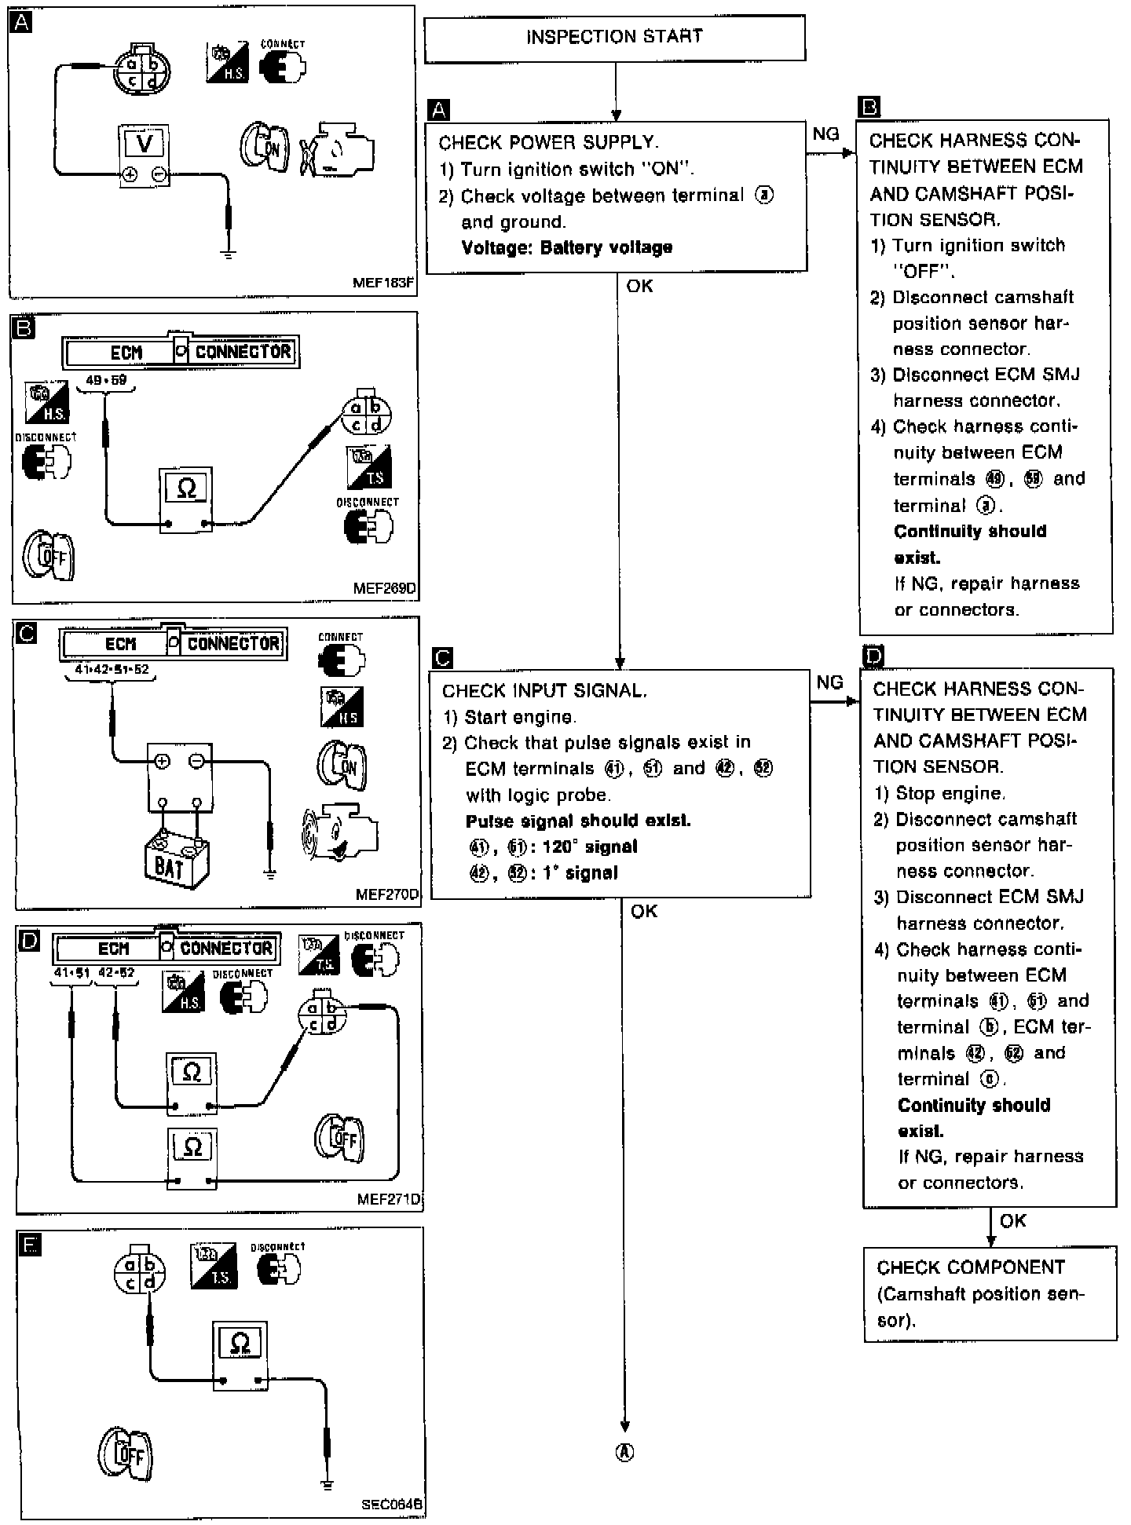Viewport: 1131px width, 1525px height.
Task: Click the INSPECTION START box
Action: coord(614,38)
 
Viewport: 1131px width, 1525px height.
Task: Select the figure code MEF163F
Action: coord(382,283)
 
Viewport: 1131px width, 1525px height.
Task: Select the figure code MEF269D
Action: coord(385,588)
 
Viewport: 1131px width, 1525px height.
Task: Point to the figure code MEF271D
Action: coord(388,1199)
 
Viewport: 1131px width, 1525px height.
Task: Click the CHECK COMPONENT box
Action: coord(990,1293)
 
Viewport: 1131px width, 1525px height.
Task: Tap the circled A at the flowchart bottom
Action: coord(624,1453)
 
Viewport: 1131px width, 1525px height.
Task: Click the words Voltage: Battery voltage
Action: coord(566,248)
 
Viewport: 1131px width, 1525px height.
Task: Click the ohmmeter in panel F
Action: coord(240,1354)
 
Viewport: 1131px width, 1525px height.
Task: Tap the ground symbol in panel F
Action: coord(328,1484)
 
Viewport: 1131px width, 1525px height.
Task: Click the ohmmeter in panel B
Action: coord(186,499)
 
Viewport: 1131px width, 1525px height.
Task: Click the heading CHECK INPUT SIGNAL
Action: coord(544,691)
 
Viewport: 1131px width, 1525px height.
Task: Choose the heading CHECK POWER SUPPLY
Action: coord(547,143)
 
